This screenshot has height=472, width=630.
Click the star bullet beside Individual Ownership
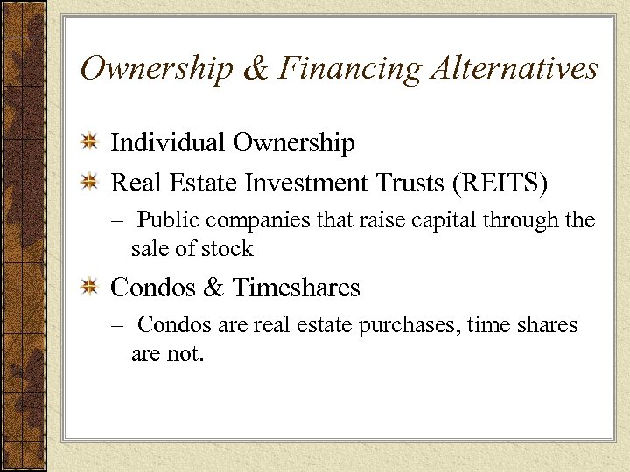pos(89,143)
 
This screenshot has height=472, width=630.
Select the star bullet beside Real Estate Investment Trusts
pos(89,184)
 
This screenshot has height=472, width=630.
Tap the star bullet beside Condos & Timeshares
pos(89,287)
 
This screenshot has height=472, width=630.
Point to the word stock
pos(227,249)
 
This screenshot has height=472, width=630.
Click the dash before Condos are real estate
pos(116,326)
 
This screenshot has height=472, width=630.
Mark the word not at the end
pos(186,355)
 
